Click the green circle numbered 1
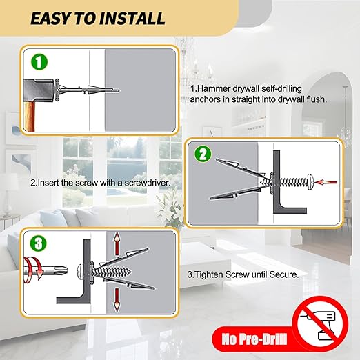(x=41, y=62)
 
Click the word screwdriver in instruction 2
(x=146, y=183)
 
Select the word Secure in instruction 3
(x=282, y=274)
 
